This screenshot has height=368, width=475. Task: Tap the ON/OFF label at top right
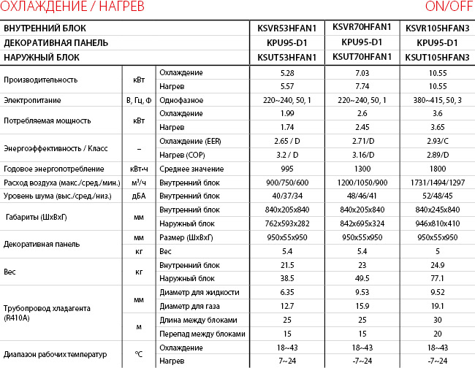447,7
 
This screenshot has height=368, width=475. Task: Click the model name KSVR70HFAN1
362,28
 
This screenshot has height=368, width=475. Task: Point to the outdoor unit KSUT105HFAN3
437,57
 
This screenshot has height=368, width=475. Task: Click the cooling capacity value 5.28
286,73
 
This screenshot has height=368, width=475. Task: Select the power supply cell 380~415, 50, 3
437,100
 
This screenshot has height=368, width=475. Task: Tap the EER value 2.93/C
437,141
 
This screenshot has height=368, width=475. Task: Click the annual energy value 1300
362,169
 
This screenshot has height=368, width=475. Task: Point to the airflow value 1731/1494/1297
437,182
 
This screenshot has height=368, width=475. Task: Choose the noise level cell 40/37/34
286,196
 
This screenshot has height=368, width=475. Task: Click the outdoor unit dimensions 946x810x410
437,223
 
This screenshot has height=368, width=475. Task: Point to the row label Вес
10,272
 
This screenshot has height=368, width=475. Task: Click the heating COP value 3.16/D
362,155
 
